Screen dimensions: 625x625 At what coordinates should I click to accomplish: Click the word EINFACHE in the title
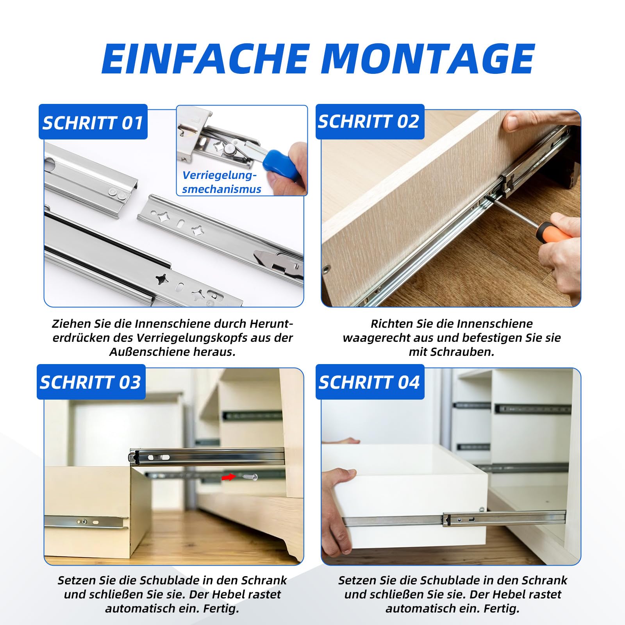[206, 59]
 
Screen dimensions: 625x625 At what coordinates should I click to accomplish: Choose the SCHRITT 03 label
[91, 382]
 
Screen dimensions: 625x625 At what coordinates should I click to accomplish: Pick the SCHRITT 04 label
[370, 382]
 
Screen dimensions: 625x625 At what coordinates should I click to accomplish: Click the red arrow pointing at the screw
[229, 477]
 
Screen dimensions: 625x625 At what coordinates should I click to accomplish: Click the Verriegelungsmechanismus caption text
[221, 182]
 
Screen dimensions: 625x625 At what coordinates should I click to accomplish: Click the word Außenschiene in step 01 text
[150, 352]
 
